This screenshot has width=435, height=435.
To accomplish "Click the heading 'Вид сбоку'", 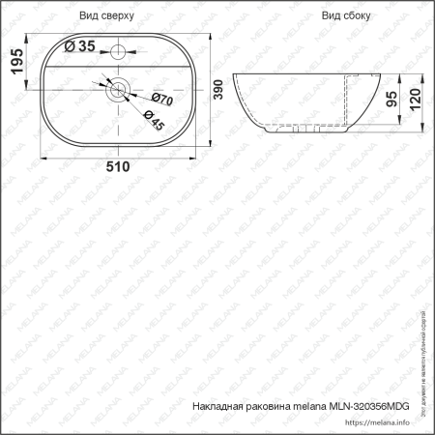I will [347, 16].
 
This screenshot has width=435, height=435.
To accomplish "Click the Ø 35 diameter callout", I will [80, 46].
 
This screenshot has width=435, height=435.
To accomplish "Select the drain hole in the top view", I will [118, 90].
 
